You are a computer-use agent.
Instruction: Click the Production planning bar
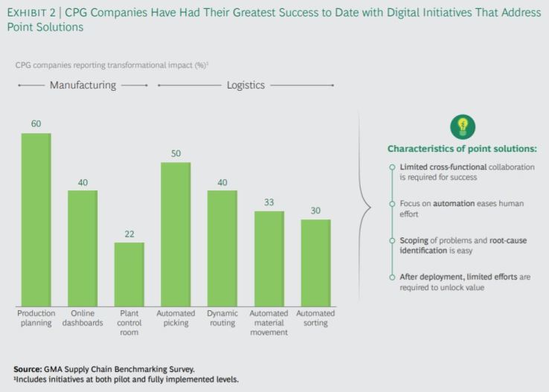click(36, 219)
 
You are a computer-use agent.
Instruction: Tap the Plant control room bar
click(129, 274)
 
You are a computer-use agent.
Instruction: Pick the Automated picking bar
click(176, 234)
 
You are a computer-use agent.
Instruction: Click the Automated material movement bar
click(269, 258)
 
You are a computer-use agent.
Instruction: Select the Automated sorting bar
click(315, 262)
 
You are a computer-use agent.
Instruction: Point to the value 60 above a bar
click(36, 123)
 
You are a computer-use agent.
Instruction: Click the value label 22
click(129, 234)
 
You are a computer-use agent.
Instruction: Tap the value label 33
click(269, 202)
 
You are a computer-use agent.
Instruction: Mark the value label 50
click(176, 153)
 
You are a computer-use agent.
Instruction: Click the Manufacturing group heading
click(83, 86)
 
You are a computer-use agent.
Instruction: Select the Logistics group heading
click(245, 86)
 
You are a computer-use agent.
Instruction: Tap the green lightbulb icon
click(462, 126)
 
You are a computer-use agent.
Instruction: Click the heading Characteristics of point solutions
click(461, 149)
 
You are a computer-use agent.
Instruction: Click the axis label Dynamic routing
click(222, 318)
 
